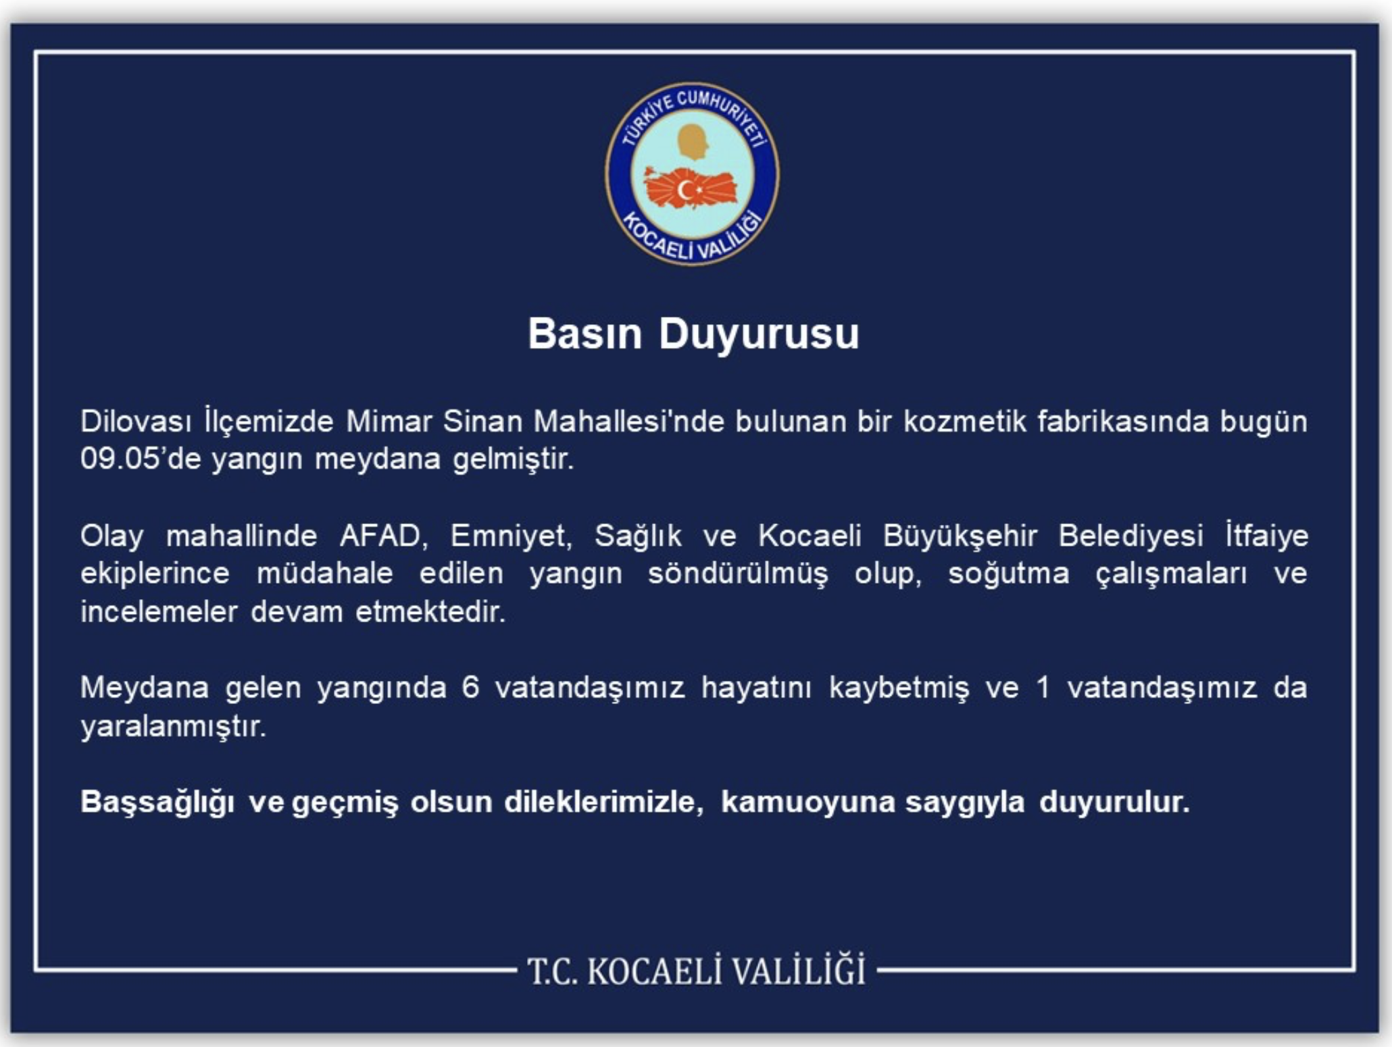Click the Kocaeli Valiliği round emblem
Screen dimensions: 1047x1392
pos(692,174)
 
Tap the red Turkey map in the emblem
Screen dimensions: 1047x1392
pos(690,188)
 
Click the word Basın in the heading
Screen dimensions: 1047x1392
pos(585,334)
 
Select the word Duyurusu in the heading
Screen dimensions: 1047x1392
pos(759,334)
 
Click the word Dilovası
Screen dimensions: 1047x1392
pos(136,422)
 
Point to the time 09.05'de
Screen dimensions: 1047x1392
pos(141,459)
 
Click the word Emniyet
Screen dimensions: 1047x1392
pos(511,536)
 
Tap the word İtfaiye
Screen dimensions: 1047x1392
pos(1267,536)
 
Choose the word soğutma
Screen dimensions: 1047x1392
pos(1008,574)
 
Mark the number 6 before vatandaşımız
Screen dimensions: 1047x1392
pos(471,688)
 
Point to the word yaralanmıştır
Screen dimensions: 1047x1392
pos(173,727)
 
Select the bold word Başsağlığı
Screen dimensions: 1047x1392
pos(157,802)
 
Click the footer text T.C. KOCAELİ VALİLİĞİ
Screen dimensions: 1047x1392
pos(696,971)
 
